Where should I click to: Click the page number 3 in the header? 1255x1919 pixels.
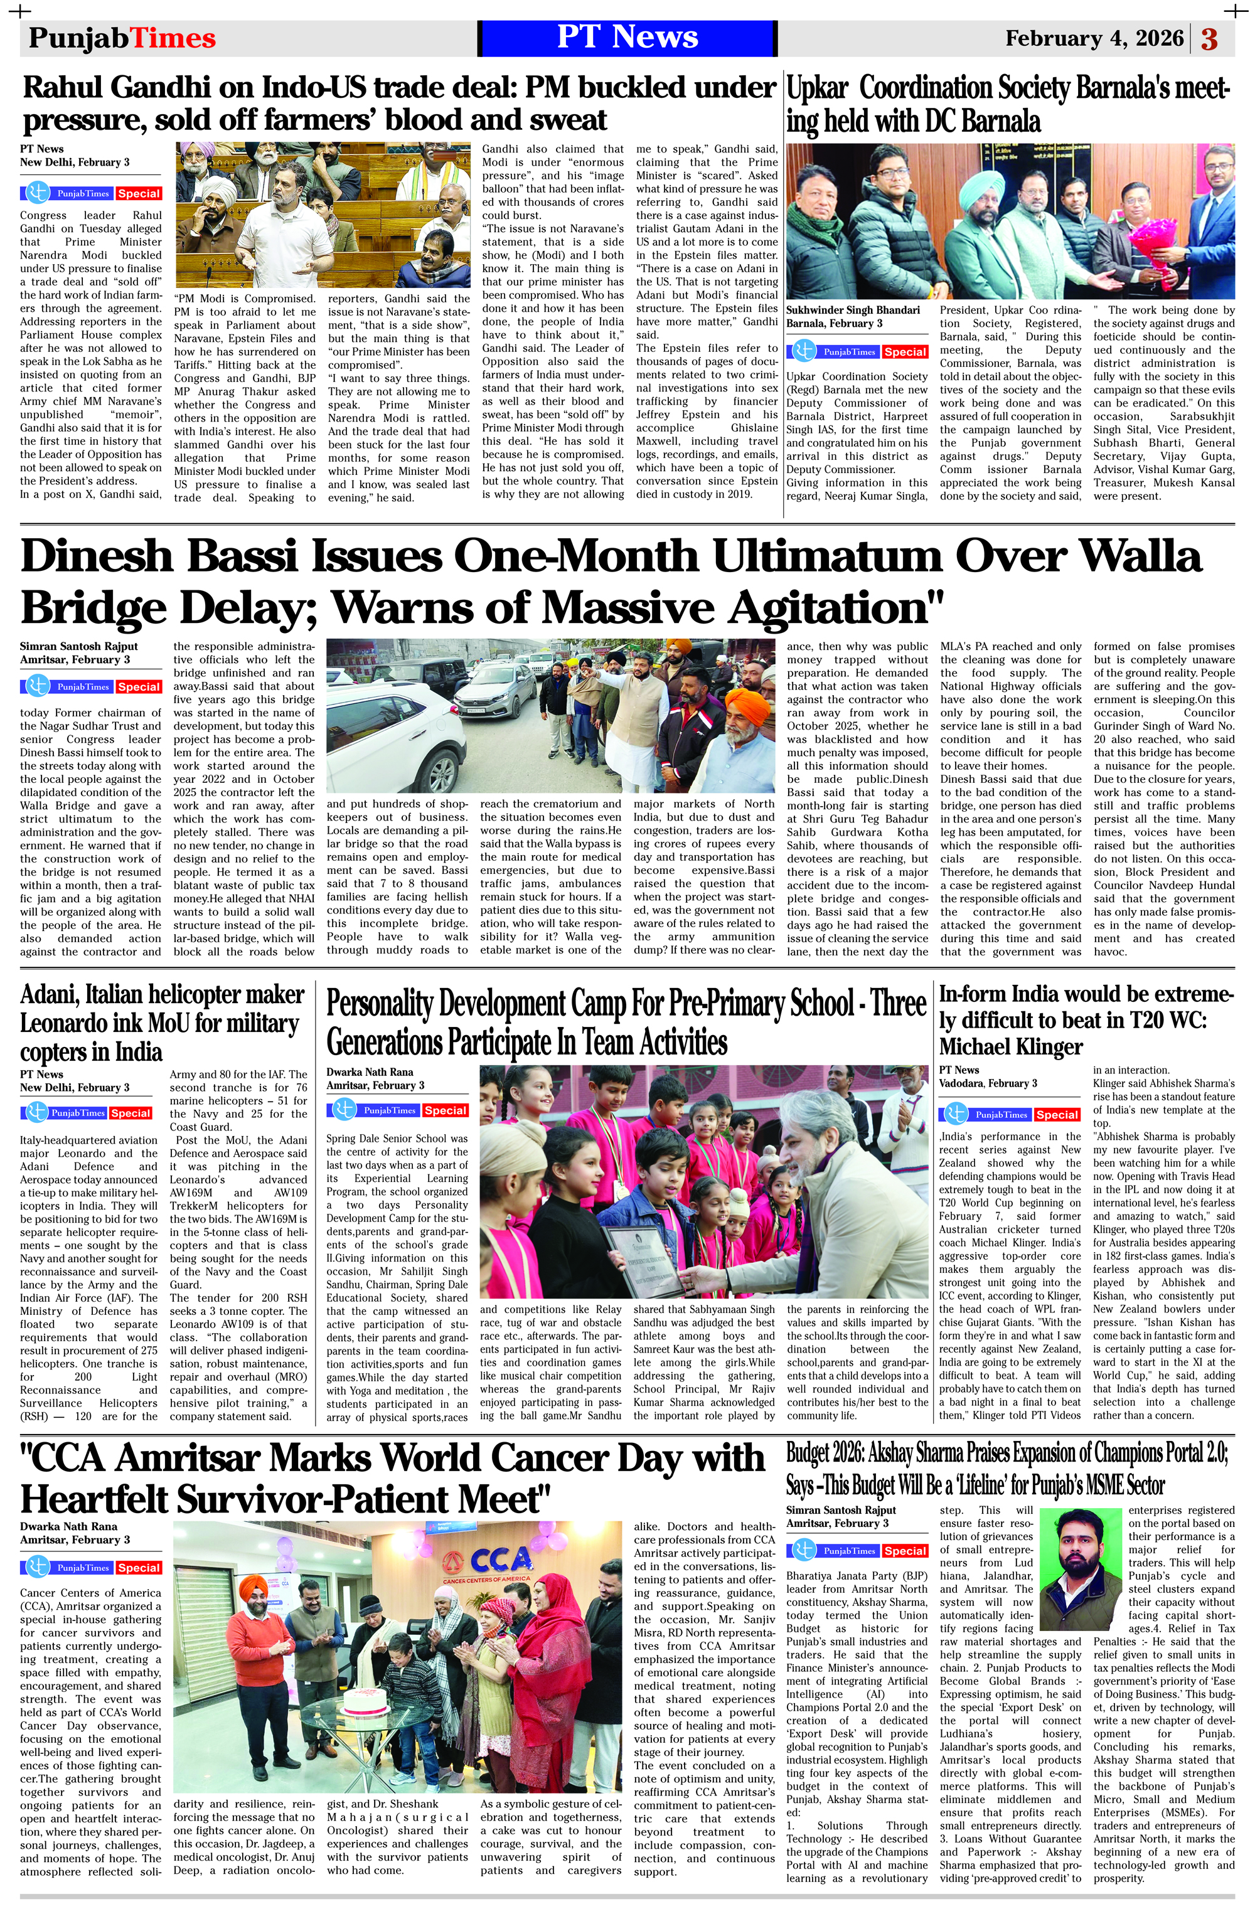click(1209, 39)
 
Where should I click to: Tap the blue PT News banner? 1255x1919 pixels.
click(627, 38)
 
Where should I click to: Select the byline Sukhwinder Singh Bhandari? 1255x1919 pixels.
click(853, 310)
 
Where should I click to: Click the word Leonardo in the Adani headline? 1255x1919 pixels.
click(65, 1023)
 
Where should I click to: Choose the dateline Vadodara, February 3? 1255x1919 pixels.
click(988, 1083)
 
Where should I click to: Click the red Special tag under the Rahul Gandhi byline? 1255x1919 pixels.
click(139, 193)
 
